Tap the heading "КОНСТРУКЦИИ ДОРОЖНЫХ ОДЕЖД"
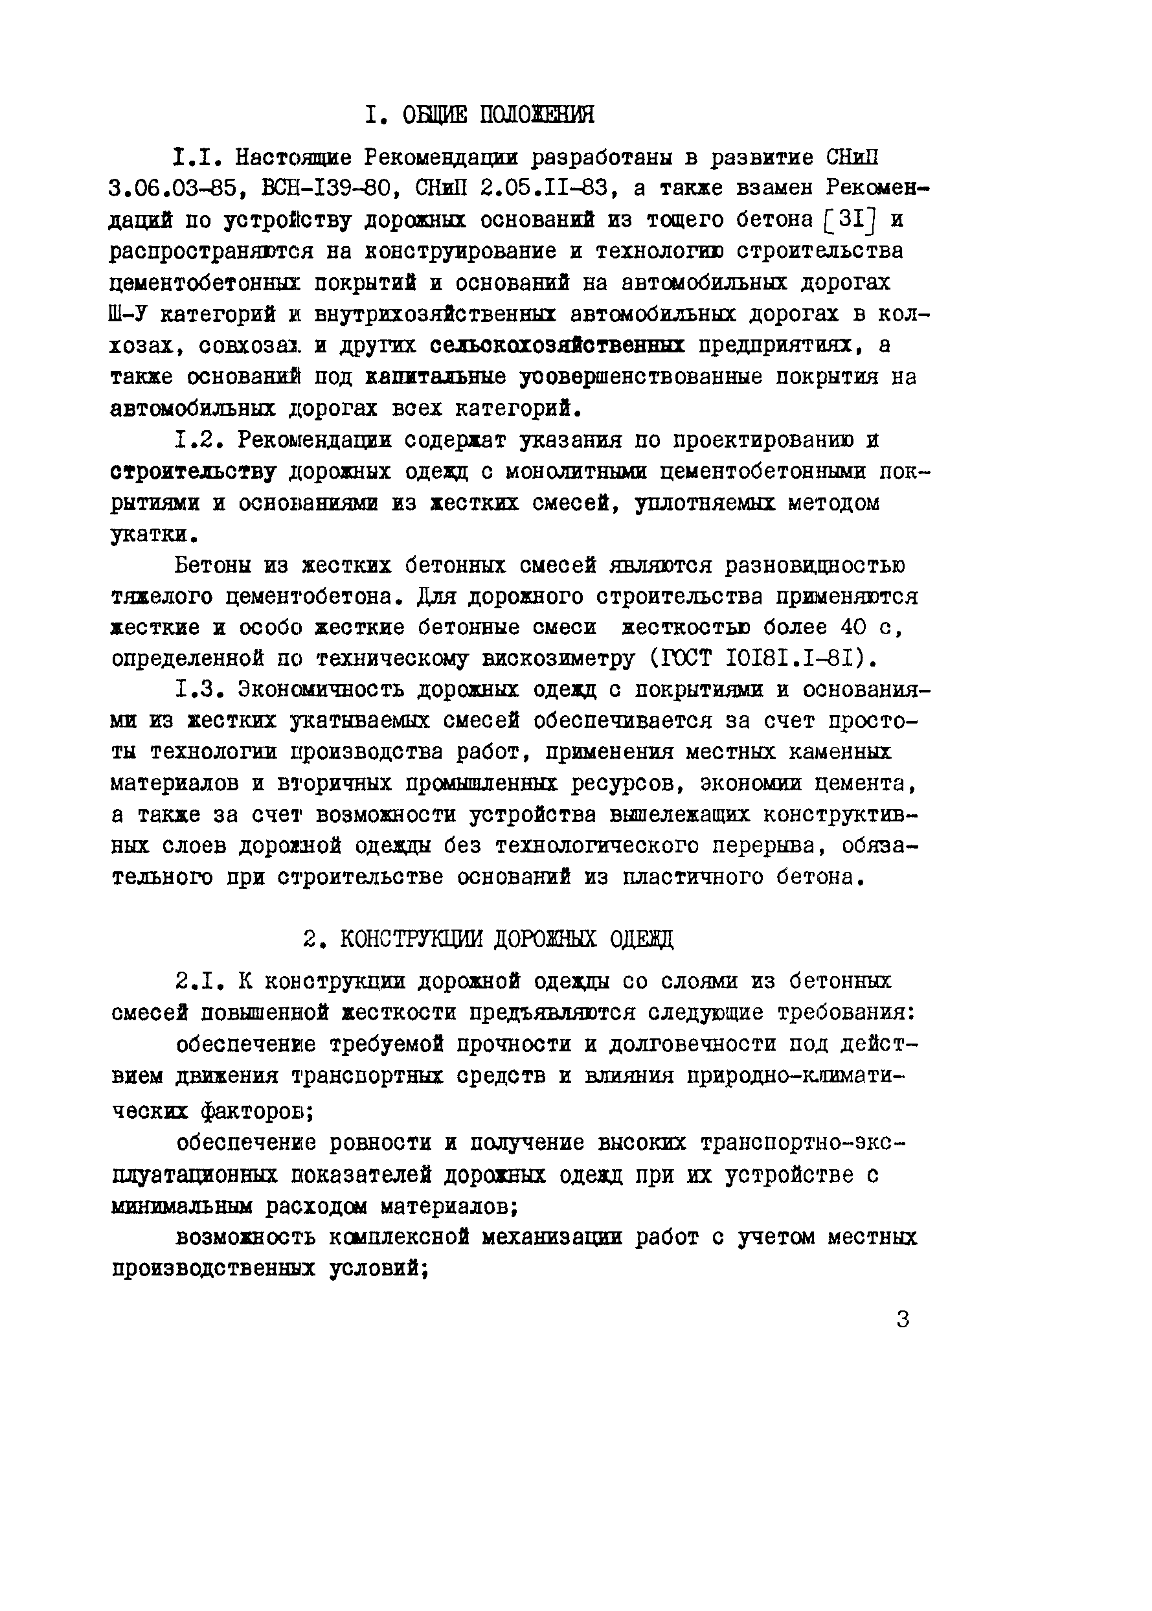click(506, 940)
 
